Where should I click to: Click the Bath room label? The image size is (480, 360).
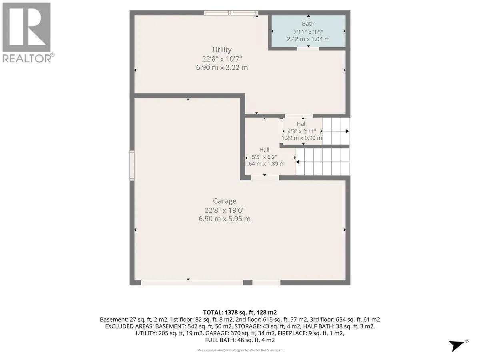tap(308, 24)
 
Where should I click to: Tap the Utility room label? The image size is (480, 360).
tap(222, 50)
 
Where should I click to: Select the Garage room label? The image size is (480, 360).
tap(224, 201)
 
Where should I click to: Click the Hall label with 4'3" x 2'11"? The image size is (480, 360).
tap(302, 124)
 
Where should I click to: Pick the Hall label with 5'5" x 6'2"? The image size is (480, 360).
tap(264, 150)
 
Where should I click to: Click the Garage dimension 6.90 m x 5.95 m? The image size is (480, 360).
tap(224, 219)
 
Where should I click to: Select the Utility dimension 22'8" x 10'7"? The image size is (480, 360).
tap(222, 59)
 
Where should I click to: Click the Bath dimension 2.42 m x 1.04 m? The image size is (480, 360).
tap(308, 39)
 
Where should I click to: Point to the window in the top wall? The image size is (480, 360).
tap(231, 13)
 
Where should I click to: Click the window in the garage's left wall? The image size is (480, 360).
tap(132, 166)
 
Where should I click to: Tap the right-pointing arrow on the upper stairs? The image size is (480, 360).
tap(335, 131)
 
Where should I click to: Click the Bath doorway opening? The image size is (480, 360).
tap(308, 49)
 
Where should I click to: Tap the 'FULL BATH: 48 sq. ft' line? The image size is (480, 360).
tap(240, 340)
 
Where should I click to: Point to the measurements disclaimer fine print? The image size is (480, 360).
tap(240, 350)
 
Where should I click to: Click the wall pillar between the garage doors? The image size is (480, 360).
tap(248, 283)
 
